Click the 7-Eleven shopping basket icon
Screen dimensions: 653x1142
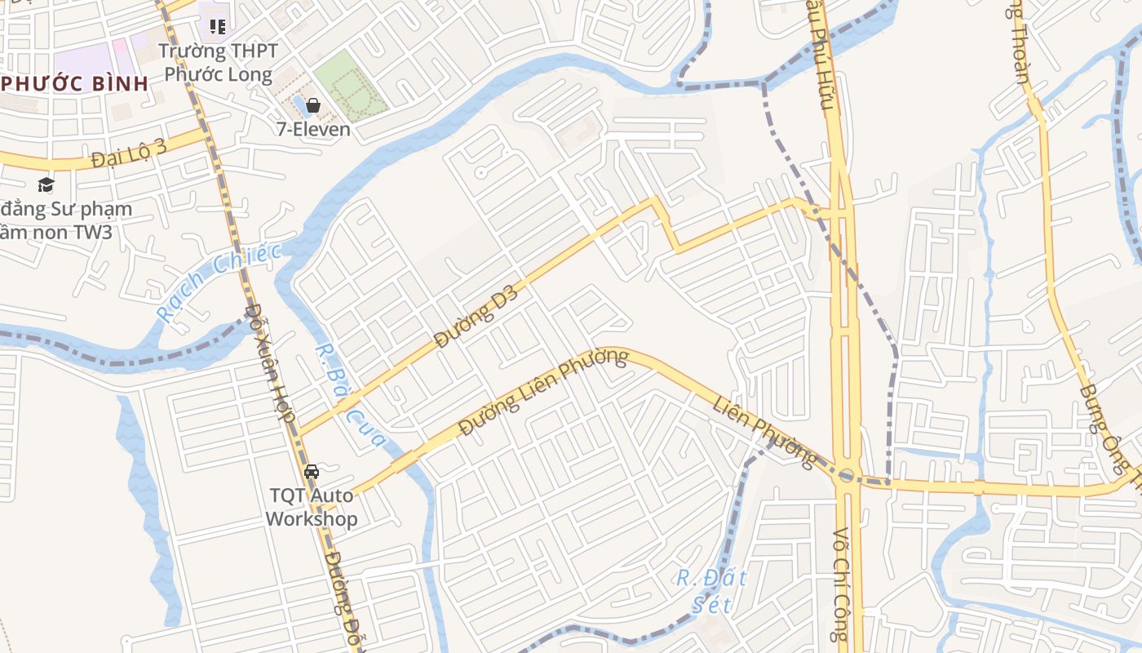click(313, 105)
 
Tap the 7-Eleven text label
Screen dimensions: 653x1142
click(313, 129)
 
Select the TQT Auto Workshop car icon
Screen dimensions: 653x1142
click(311, 471)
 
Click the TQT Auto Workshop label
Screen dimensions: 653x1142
click(311, 507)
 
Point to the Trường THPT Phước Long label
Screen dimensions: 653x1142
click(218, 63)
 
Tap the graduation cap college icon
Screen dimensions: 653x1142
click(46, 184)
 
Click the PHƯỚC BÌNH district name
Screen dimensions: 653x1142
click(75, 83)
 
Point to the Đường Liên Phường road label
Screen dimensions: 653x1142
click(543, 392)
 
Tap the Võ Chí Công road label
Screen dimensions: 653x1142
click(840, 584)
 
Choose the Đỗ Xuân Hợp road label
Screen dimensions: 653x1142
click(270, 362)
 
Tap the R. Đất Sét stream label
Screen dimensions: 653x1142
click(711, 591)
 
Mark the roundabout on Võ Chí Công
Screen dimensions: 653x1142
click(846, 475)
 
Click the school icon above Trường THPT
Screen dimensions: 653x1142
click(217, 27)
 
